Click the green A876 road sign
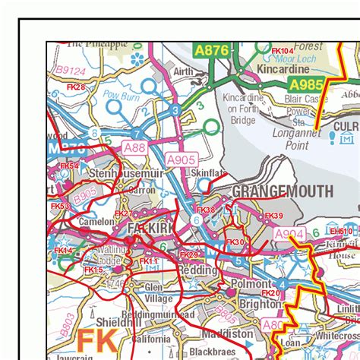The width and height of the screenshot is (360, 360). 211,50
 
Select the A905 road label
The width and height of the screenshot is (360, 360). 181,159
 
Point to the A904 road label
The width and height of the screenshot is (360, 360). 289,235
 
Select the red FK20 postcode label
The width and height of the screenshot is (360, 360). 270,292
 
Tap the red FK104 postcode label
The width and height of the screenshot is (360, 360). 283,51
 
